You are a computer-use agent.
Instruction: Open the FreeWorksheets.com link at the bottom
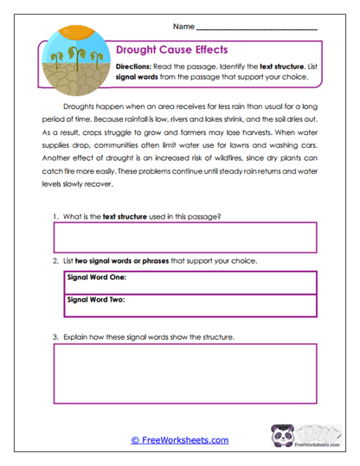179,440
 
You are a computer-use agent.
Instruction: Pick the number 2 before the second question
55,260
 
